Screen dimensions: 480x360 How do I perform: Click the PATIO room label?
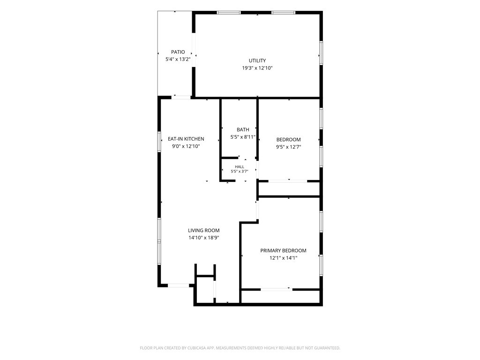click(x=178, y=52)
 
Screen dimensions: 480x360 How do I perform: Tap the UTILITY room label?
click(x=257, y=60)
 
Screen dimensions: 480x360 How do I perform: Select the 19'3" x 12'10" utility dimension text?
click(x=257, y=68)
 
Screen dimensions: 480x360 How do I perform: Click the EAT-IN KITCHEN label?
click(x=186, y=139)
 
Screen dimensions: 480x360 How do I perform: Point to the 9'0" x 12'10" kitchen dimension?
click(x=186, y=146)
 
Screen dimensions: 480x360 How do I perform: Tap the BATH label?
click(x=243, y=130)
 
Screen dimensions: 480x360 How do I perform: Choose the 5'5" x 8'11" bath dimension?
click(x=243, y=137)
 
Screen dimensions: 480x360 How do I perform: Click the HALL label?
click(x=240, y=167)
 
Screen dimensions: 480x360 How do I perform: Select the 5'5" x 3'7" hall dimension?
click(x=240, y=172)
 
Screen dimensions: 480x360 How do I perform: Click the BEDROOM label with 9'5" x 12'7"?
click(x=288, y=140)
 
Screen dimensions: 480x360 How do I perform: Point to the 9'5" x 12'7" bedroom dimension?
click(x=288, y=147)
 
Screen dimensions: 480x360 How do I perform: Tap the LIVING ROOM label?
click(x=203, y=231)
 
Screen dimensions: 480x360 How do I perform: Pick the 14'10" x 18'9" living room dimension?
click(x=203, y=238)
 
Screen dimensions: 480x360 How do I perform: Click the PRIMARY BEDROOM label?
click(x=283, y=251)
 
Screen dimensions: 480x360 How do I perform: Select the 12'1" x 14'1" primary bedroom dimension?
click(x=283, y=258)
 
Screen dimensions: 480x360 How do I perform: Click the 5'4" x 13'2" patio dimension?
click(x=178, y=60)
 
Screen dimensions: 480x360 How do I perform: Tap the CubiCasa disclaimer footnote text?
click(x=240, y=348)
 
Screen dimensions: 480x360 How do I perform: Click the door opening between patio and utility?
click(x=194, y=50)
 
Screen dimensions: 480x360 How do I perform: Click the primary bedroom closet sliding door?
click(x=277, y=289)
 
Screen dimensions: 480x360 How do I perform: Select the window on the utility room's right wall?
click(x=321, y=53)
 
